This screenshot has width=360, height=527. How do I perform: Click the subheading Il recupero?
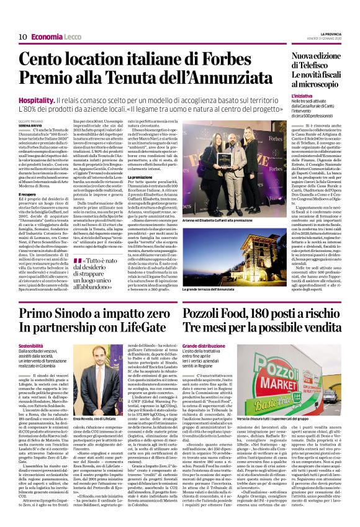(x=29, y=177)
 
